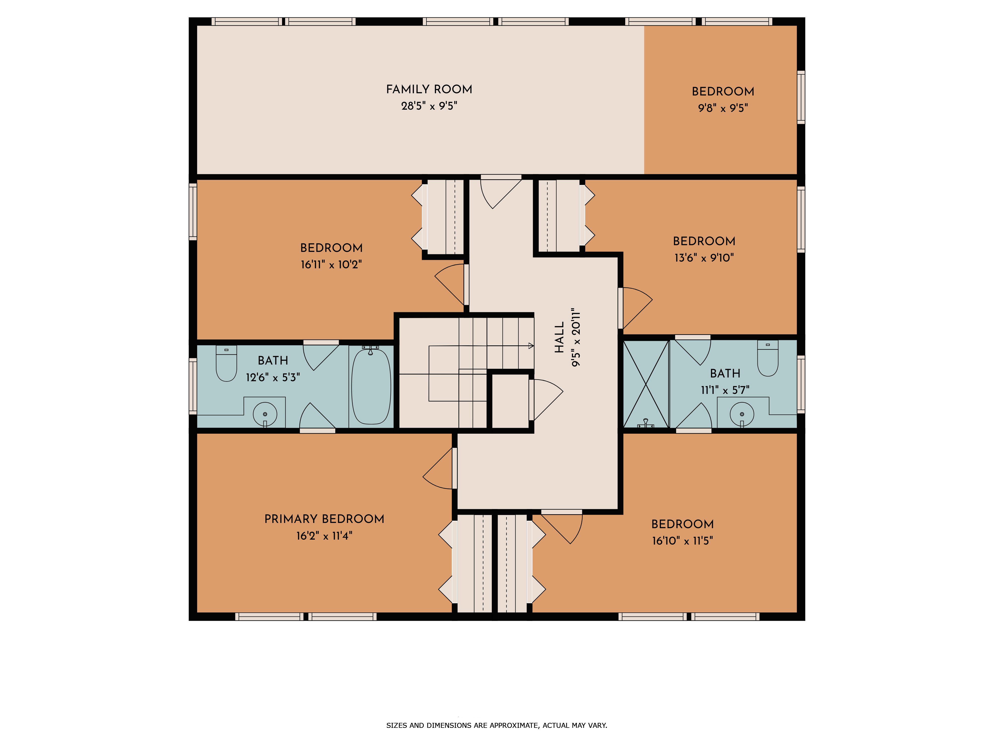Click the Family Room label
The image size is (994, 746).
(429, 90)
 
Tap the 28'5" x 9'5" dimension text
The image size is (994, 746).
(429, 106)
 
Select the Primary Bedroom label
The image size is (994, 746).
(324, 519)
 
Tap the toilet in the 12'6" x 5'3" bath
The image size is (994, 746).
(226, 363)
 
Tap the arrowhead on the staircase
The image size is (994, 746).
(531, 346)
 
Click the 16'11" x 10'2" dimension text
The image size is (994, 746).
(331, 264)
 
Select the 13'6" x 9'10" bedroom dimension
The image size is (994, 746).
(704, 258)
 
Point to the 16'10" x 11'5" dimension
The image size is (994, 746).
(683, 541)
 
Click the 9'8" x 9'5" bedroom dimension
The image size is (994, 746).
(723, 108)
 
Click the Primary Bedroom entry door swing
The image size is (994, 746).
(438, 468)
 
